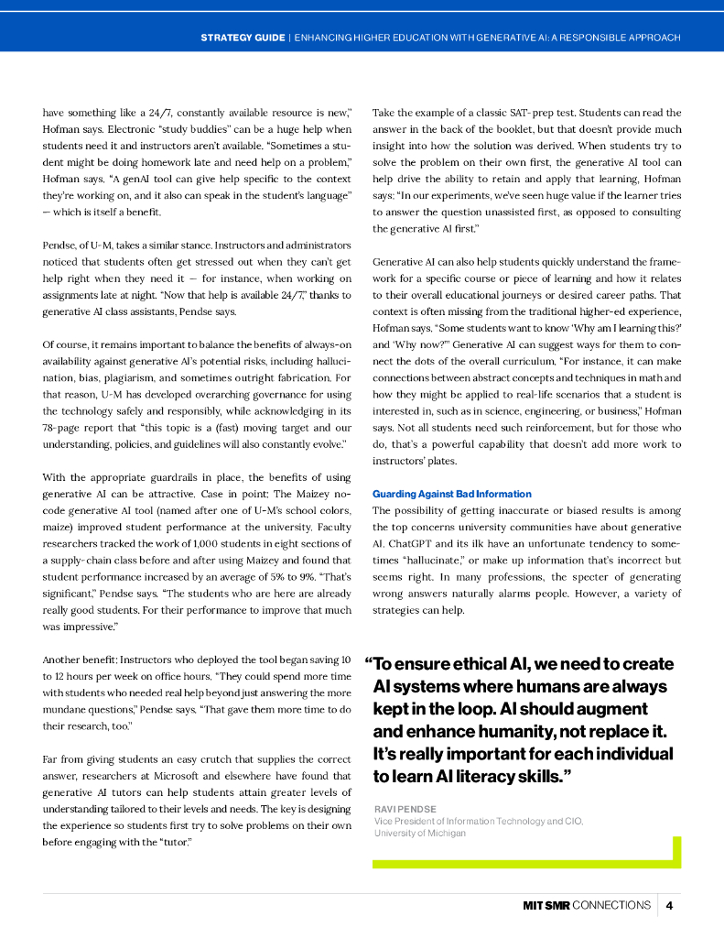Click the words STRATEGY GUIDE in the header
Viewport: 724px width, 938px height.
coord(242,38)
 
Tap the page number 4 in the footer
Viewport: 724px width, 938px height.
coord(670,905)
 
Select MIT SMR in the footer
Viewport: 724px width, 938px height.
coord(546,905)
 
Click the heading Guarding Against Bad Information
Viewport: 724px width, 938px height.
coord(451,494)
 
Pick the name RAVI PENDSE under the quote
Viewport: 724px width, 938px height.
coord(405,809)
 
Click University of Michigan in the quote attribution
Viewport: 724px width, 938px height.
coord(420,833)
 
